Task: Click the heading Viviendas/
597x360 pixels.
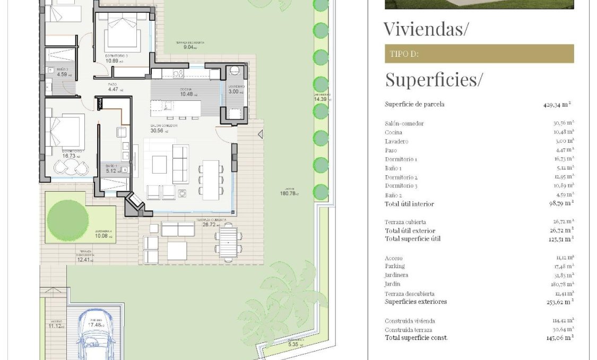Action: (426, 29)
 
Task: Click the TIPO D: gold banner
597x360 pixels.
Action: (479, 54)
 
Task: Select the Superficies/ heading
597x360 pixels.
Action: (434, 80)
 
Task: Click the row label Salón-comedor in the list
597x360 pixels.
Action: (404, 123)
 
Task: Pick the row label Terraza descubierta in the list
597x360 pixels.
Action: (409, 294)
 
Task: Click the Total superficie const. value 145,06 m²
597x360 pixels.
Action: (560, 338)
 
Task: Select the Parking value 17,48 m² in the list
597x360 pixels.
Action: (563, 266)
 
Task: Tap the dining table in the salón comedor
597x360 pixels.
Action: (211, 179)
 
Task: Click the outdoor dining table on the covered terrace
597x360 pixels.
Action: (228, 242)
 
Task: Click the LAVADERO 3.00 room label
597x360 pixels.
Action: (236, 89)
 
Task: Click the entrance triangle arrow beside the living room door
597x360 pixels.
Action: (260, 135)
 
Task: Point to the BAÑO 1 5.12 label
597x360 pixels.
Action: (111, 169)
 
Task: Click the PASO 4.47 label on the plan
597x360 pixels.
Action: (113, 87)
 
